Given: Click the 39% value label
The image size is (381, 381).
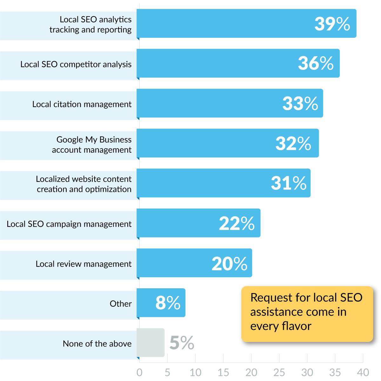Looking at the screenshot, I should point(332,24).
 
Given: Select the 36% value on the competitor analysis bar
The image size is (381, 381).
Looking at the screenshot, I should point(316,63).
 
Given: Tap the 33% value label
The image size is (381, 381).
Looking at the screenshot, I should point(300,104).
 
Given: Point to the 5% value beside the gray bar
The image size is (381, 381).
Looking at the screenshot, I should point(182,343).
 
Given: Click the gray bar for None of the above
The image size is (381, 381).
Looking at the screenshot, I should point(150,343).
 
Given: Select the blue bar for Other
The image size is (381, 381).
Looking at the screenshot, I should point(161,303).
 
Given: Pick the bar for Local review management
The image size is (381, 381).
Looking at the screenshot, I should point(194,263).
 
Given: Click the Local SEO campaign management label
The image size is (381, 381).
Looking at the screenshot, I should point(69,224).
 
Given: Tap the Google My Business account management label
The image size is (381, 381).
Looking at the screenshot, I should point(92,144).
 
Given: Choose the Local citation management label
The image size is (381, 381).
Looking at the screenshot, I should point(82,104).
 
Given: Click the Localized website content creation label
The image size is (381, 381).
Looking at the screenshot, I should point(84,184).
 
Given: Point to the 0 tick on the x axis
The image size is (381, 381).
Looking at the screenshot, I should point(139,372).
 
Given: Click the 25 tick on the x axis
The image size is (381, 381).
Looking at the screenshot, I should point(279,372).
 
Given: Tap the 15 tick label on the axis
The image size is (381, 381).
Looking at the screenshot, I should point(223,372).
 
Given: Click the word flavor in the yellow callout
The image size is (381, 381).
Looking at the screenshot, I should point(296,326).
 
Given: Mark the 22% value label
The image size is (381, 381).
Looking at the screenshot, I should point(237,224).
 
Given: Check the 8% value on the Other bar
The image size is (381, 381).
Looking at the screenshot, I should point(168,303).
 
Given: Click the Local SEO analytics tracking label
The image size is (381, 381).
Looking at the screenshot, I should point(90,24).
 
